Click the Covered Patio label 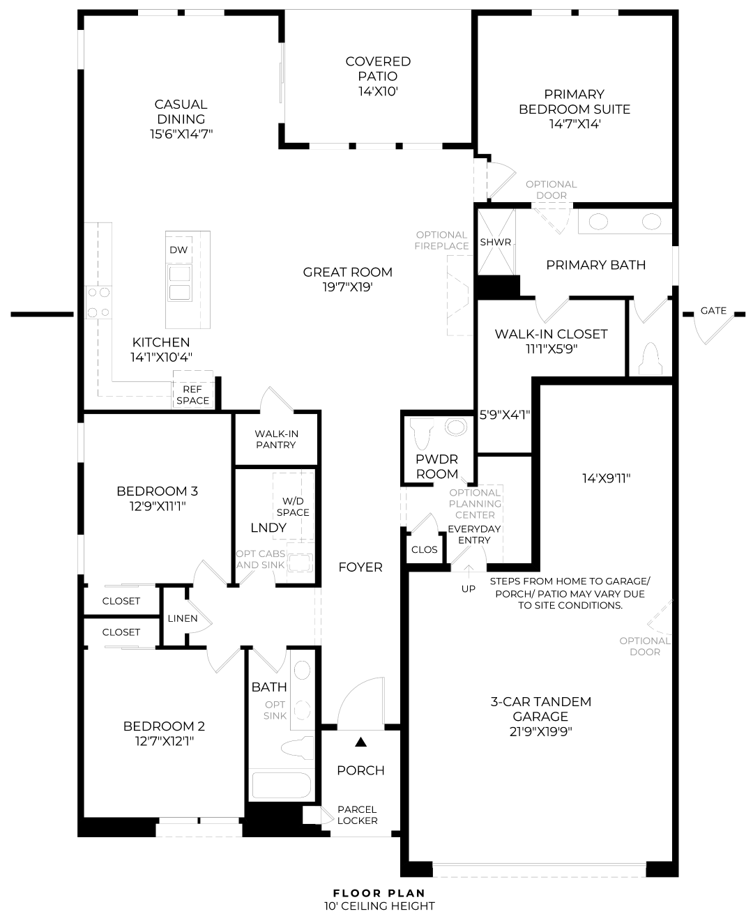[378, 76]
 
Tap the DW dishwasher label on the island [178, 250]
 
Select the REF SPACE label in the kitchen [193, 395]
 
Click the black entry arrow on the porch [360, 742]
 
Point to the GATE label [713, 310]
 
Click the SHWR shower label [495, 242]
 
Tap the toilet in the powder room [423, 433]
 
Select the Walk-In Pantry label [276, 439]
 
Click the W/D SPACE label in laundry [293, 506]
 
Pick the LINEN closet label [183, 618]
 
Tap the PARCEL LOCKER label [357, 815]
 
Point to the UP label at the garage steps [469, 588]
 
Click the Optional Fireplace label [441, 241]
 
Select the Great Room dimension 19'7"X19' [348, 287]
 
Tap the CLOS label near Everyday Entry [424, 549]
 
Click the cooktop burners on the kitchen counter [98, 302]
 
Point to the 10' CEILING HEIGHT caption [379, 906]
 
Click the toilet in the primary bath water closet [651, 359]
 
